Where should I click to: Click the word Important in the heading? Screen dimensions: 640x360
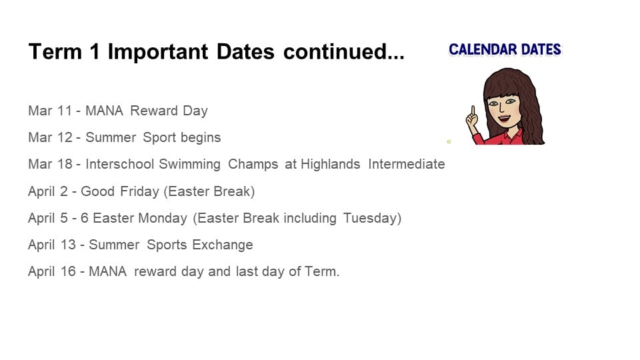pos(158,52)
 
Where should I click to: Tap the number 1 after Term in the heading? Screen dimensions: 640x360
pos(95,51)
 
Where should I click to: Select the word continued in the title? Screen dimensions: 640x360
pos(335,51)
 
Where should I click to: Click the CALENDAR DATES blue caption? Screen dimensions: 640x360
pos(505,49)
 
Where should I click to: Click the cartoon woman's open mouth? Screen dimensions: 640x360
pos(504,119)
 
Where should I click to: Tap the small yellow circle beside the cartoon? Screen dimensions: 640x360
pos(449,141)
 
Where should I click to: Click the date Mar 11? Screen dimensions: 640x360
pos(50,111)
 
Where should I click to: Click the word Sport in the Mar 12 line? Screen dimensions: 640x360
pos(159,138)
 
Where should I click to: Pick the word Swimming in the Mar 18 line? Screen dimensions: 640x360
pos(189,165)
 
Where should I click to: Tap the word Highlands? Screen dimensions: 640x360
pos(331,164)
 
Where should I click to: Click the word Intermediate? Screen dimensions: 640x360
pos(407,164)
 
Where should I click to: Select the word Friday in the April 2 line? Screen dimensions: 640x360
pos(139,191)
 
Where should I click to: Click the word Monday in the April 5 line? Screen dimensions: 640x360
pos(163,218)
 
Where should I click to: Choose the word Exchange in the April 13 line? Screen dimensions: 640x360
pos(223,245)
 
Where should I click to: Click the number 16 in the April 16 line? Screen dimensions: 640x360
pos(68,271)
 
